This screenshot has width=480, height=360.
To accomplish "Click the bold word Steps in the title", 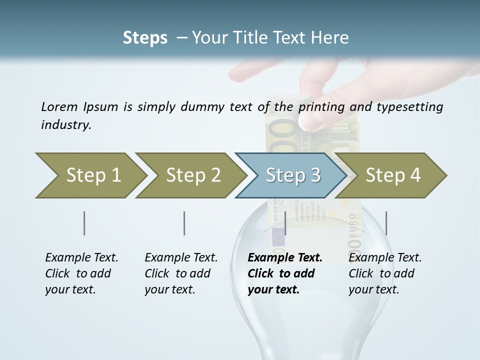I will [x=145, y=37].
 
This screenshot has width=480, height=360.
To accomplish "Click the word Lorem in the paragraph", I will [x=59, y=106].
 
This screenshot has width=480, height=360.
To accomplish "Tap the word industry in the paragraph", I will [x=66, y=125].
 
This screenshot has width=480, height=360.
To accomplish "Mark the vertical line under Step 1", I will [x=84, y=223].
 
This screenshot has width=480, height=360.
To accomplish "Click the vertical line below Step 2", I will [x=184, y=223].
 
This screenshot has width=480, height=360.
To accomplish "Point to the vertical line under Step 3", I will [x=285, y=223].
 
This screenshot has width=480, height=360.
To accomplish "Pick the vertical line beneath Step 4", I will [x=386, y=223].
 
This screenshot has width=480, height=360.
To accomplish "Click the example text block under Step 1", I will [x=81, y=273].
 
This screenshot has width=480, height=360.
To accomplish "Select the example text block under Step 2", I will [x=181, y=273].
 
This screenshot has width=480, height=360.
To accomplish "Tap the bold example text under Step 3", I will [x=285, y=273].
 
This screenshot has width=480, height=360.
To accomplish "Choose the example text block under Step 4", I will [x=385, y=273].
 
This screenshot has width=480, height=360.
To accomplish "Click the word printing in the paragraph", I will [x=321, y=106].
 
